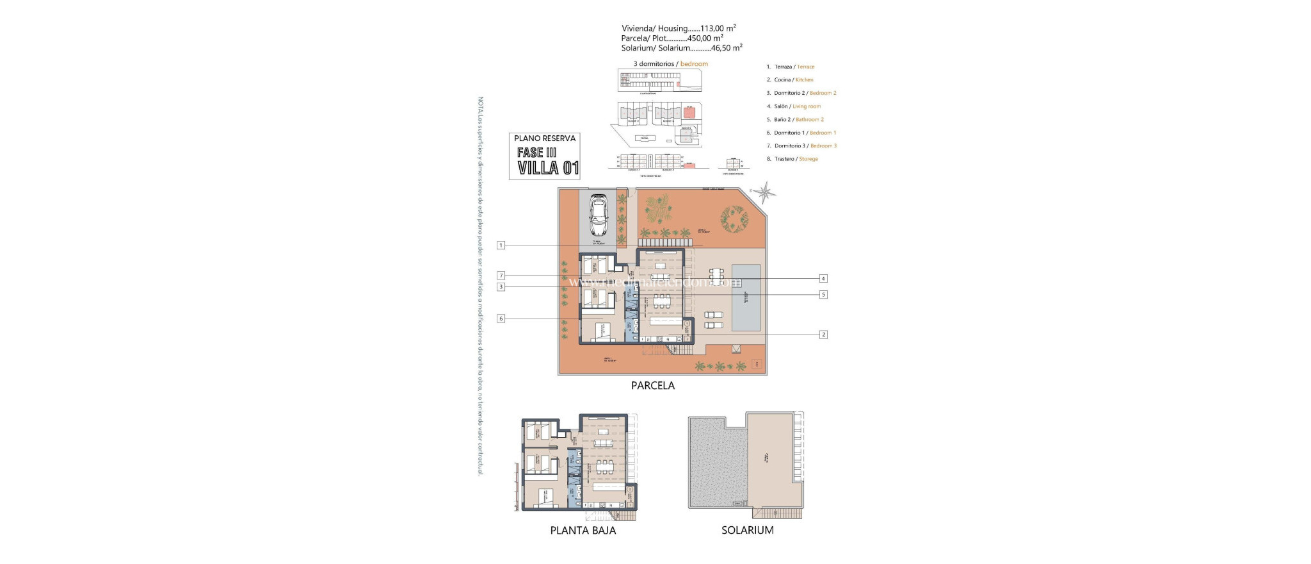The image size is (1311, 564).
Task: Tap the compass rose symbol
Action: (x=764, y=192)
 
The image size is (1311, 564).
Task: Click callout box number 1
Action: (x=501, y=245)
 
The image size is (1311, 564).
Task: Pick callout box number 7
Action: (x=501, y=276)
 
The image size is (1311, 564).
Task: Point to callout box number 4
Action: (x=823, y=278)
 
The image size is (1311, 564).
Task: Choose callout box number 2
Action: (x=823, y=335)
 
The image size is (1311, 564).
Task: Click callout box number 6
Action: (x=501, y=319)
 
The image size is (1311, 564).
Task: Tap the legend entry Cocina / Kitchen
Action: (x=793, y=80)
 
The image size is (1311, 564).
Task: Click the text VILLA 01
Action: (x=548, y=169)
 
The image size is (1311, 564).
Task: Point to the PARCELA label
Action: (x=652, y=386)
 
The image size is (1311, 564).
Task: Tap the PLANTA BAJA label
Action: (x=583, y=531)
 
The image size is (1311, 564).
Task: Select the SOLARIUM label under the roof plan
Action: (x=747, y=531)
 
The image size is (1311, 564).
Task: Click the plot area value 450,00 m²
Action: (x=705, y=38)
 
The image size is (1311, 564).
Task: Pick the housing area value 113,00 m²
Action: (x=718, y=28)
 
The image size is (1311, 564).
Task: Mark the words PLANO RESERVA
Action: (x=545, y=138)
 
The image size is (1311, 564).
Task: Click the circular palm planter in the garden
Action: (x=734, y=219)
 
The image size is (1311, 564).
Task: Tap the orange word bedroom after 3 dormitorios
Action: (x=694, y=64)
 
